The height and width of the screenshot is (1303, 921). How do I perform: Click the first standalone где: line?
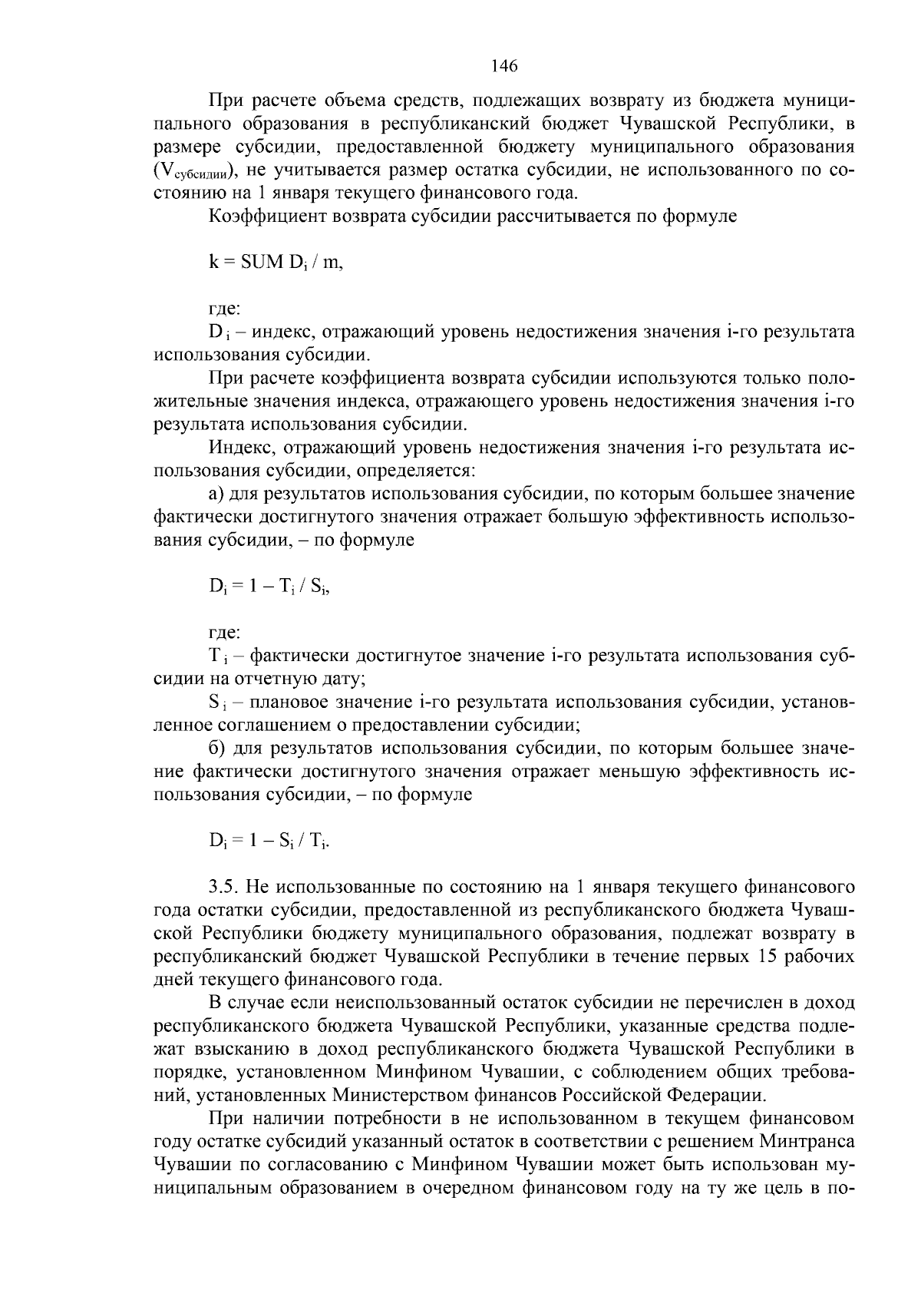tap(224, 309)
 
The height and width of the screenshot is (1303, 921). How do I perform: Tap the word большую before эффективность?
tap(586, 517)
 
